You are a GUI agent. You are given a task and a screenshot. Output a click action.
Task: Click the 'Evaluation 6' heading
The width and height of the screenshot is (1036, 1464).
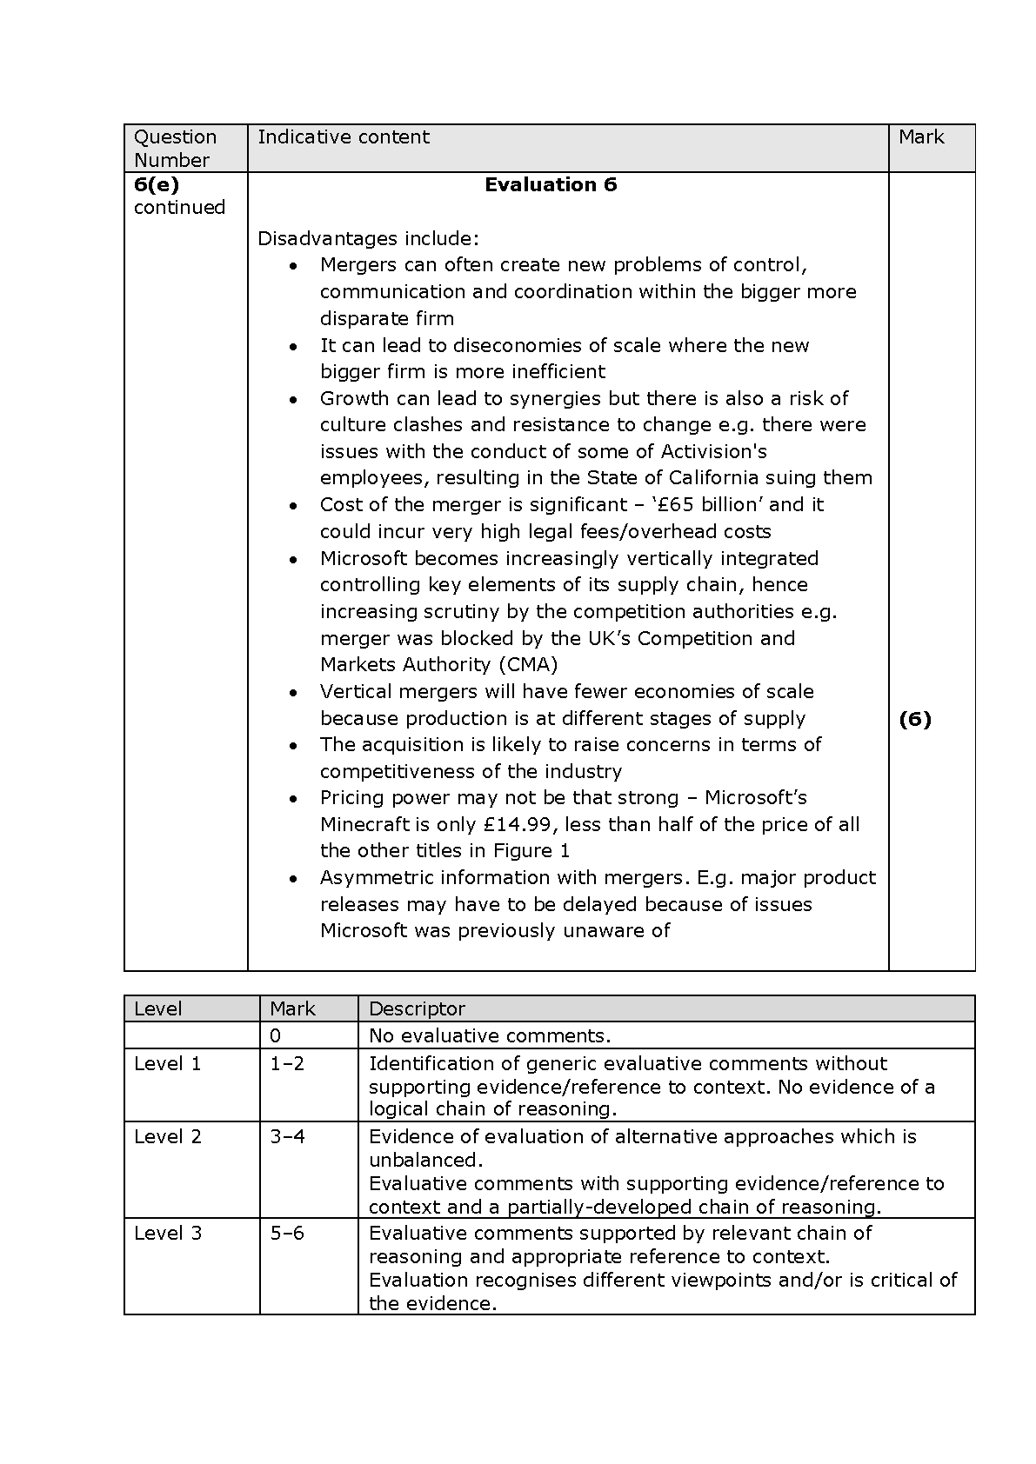tap(551, 184)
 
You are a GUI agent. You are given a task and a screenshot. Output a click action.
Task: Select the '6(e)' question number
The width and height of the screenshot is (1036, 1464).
tap(157, 184)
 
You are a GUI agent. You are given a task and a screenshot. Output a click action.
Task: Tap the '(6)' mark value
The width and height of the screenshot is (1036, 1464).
tap(914, 719)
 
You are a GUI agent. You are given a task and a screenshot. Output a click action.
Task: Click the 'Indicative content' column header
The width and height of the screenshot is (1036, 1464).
tap(344, 137)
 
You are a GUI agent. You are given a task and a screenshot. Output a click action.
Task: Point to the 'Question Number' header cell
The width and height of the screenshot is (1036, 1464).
tap(175, 148)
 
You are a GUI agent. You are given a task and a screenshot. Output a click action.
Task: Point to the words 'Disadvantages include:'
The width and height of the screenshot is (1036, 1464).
tap(368, 239)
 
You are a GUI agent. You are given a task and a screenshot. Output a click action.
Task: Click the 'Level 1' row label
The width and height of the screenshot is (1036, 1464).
tap(167, 1064)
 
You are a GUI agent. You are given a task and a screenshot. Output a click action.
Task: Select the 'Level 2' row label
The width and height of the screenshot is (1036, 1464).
tap(167, 1137)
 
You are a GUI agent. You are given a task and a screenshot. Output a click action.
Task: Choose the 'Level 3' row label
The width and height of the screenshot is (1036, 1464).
tap(167, 1234)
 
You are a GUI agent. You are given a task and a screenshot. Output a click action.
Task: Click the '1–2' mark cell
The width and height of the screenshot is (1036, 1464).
tap(287, 1064)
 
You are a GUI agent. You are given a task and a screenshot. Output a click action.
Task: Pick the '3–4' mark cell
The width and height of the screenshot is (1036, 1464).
tap(287, 1137)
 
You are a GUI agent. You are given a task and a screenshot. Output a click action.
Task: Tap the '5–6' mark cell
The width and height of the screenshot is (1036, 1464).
tap(287, 1234)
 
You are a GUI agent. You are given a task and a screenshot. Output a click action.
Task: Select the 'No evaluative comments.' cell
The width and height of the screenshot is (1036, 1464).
tap(490, 1036)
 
